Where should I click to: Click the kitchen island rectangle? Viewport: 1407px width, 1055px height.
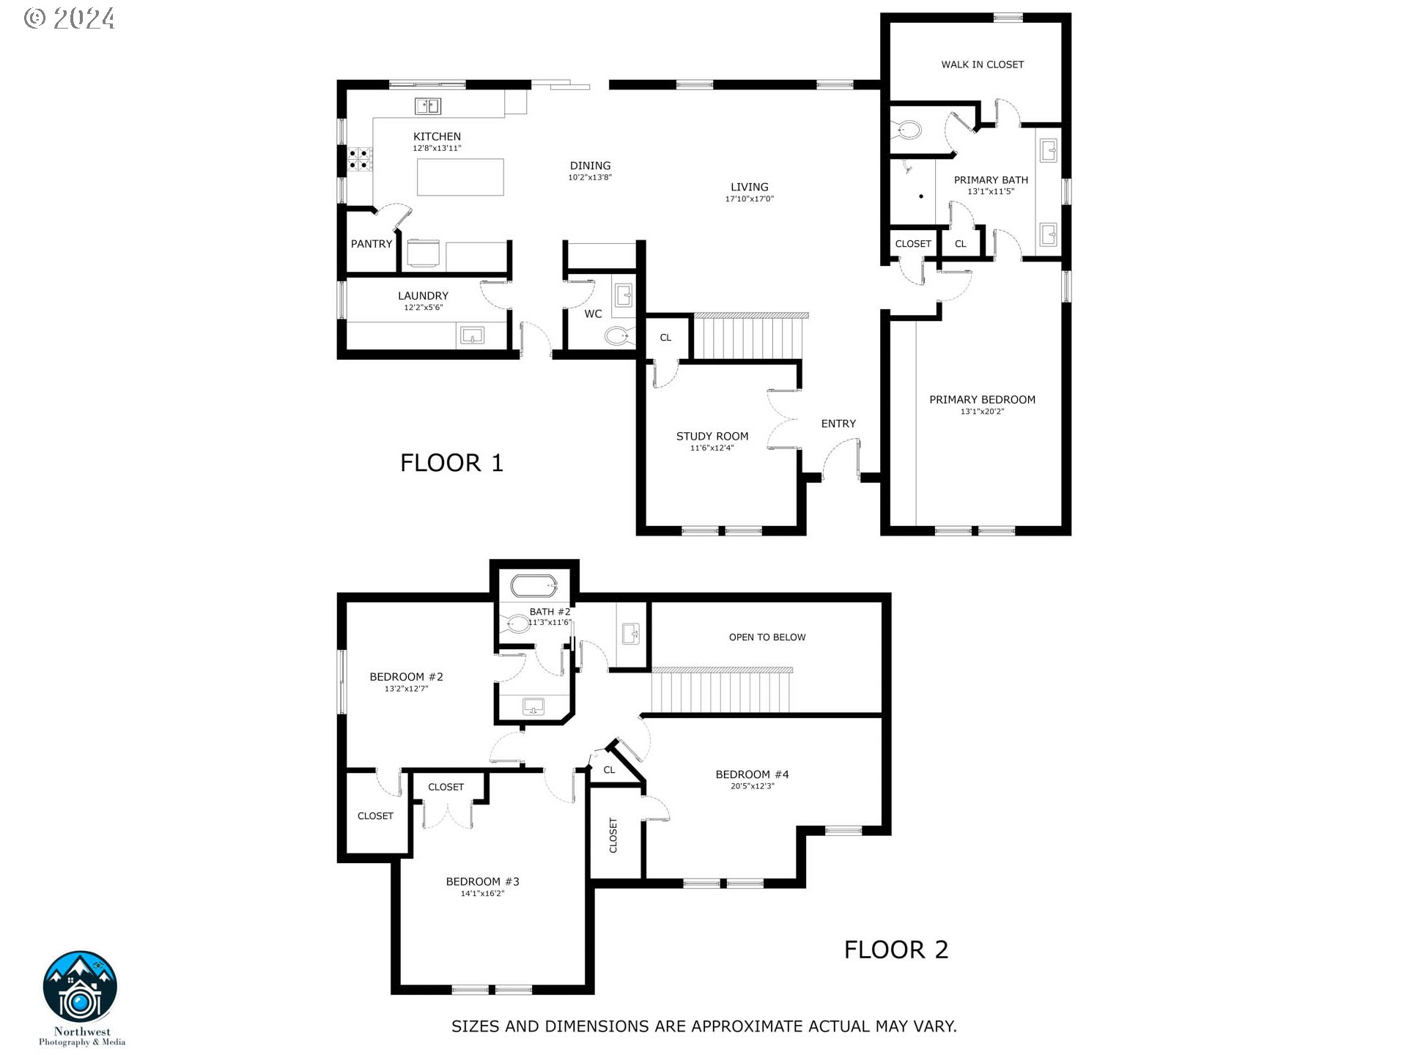[460, 177]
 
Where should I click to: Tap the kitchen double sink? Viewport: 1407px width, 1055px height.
[428, 106]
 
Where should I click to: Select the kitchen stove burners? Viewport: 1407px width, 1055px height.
[360, 159]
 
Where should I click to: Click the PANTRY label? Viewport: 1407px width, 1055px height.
[372, 244]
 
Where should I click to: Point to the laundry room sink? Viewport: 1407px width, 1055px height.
[472, 336]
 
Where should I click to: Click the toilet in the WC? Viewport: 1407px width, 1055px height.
[617, 336]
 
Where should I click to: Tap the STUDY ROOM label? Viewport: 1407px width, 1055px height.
[712, 436]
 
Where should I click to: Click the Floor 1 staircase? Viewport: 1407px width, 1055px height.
[748, 336]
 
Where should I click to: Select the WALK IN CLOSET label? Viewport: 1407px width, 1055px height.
[982, 64]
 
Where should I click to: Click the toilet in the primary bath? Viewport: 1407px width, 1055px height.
[908, 130]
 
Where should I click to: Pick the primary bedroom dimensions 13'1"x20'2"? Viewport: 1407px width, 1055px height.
[982, 412]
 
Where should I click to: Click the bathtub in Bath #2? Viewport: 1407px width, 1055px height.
[533, 586]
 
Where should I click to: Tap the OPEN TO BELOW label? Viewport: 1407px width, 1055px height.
[767, 637]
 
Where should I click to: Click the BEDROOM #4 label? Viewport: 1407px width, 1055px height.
[752, 774]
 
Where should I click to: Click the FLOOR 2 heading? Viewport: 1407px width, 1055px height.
[895, 949]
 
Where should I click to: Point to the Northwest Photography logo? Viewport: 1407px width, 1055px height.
[81, 988]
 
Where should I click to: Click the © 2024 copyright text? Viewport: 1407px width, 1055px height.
[70, 18]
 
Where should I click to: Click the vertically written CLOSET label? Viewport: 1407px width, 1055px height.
[613, 835]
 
